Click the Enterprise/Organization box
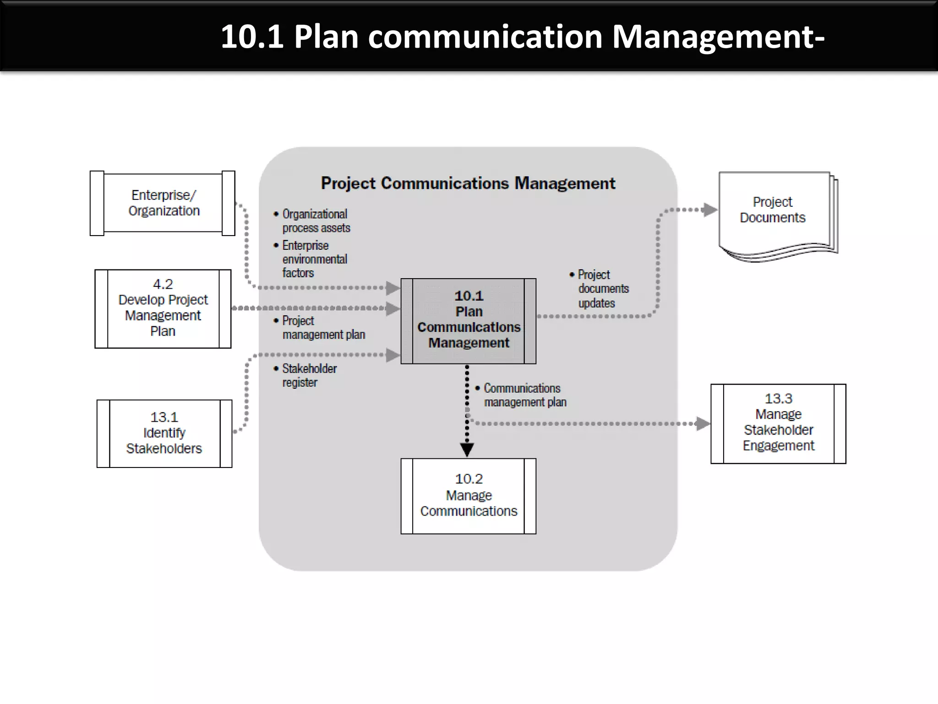tap(163, 203)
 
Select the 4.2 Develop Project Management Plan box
tap(163, 308)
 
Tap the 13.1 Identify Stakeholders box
tap(164, 433)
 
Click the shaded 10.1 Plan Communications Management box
tap(468, 321)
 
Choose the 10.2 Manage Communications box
tap(468, 496)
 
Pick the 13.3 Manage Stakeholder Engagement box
tap(778, 423)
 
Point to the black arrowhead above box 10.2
tap(467, 450)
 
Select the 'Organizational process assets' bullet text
tap(316, 221)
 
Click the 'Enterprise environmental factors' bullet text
tap(314, 259)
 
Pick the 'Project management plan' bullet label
tap(323, 328)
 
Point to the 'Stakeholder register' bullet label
tap(309, 375)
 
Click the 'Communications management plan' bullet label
tap(524, 395)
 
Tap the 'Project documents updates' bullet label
tap(602, 289)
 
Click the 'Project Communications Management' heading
tap(468, 183)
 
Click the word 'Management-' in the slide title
tap(718, 37)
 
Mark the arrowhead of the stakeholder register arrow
tap(393, 355)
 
